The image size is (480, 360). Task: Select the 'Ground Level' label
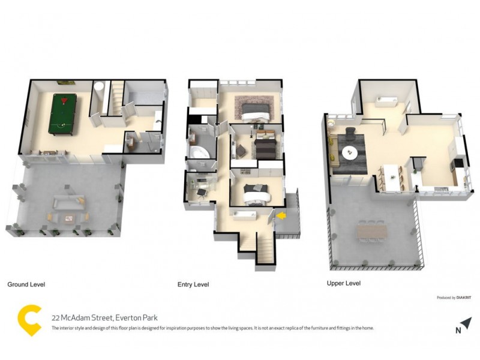[x=26, y=284]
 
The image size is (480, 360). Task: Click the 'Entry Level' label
[x=193, y=284]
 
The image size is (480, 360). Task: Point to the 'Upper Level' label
[x=343, y=283]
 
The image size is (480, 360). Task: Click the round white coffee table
[x=349, y=154]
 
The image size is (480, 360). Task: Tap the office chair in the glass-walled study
[x=201, y=190]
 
